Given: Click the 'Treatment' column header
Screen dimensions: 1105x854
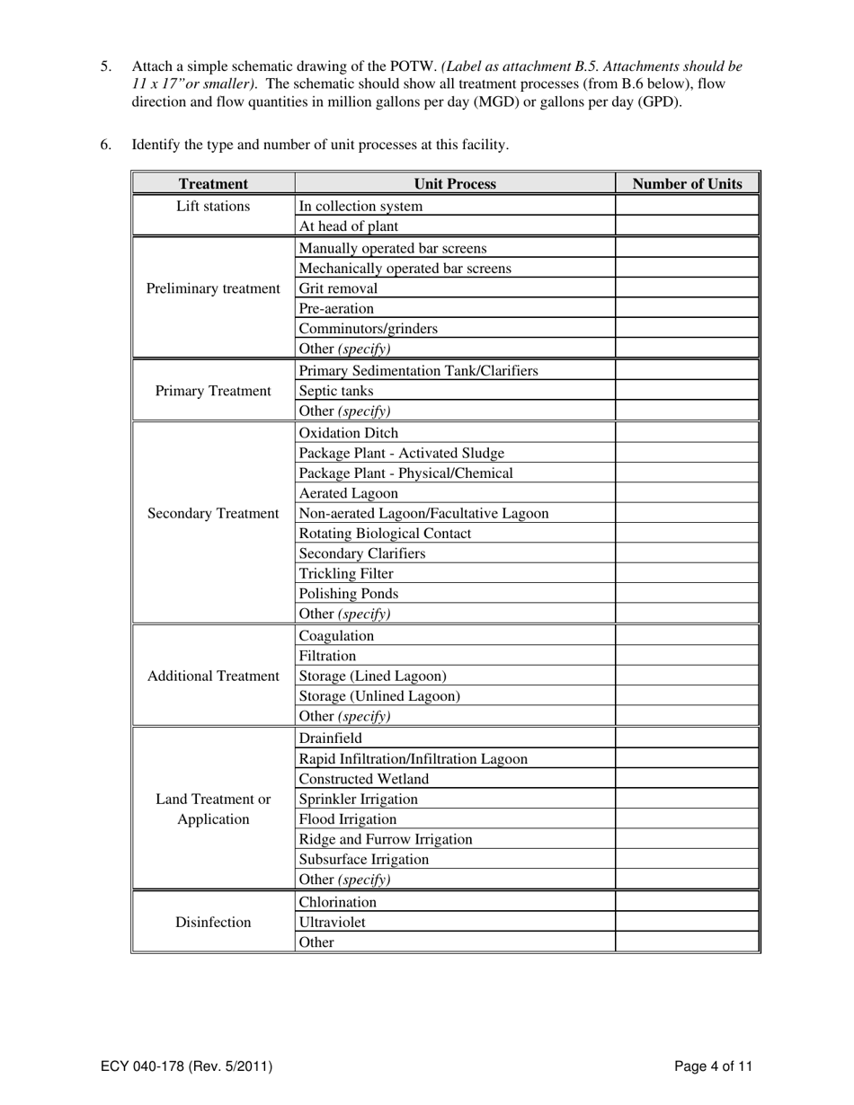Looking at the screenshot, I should point(213,184).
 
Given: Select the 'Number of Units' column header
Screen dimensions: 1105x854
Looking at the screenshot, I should point(688,184).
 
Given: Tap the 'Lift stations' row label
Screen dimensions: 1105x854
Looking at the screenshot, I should point(213,206).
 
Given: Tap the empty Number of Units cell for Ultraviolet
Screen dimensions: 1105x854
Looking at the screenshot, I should point(688,922).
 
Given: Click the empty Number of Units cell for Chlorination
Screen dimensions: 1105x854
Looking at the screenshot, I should point(688,902).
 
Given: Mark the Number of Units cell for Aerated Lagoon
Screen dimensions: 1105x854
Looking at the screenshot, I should point(688,493).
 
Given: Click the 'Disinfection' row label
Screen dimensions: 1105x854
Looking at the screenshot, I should point(213,922).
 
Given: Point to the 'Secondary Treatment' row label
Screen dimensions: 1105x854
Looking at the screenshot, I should point(213,513).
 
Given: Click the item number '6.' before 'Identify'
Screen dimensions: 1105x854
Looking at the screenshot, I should point(106,144).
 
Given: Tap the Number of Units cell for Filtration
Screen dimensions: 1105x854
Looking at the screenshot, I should point(688,656).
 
